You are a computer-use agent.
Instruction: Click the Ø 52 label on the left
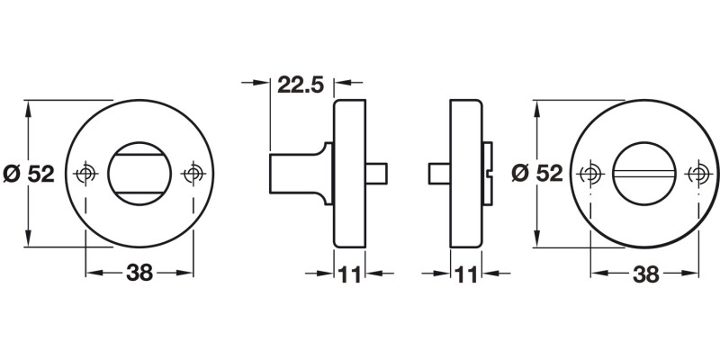pyautogui.click(x=29, y=174)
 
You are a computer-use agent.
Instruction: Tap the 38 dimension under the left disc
pyautogui.click(x=139, y=274)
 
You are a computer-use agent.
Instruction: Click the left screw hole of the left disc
pyautogui.click(x=86, y=173)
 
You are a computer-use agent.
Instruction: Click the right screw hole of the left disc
pyautogui.click(x=193, y=173)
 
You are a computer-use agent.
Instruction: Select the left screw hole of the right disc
pyautogui.click(x=591, y=173)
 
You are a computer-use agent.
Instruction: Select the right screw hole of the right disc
pyautogui.click(x=698, y=173)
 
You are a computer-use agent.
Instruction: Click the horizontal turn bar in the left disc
pyautogui.click(x=139, y=173)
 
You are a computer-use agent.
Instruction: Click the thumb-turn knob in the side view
pyautogui.click(x=297, y=173)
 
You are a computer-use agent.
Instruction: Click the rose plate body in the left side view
pyautogui.click(x=350, y=173)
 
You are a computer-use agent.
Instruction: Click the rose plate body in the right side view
pyautogui.click(x=465, y=173)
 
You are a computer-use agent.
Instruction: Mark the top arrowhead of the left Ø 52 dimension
pyautogui.click(x=29, y=106)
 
